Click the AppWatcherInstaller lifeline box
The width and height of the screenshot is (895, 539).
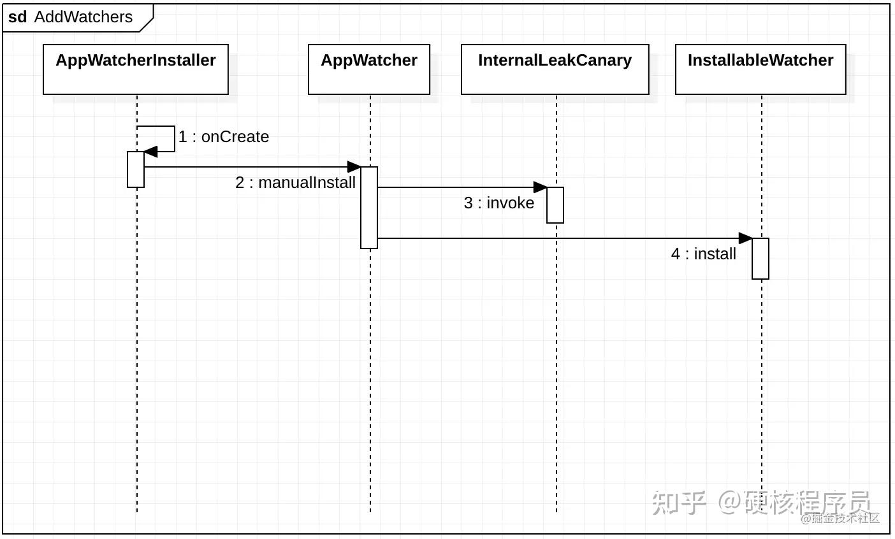[x=136, y=69]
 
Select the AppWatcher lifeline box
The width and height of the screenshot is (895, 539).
[x=369, y=69]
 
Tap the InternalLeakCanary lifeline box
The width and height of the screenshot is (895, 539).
[x=555, y=69]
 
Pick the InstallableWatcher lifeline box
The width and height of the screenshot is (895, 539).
[x=760, y=69]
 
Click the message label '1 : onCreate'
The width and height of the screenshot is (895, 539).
[x=224, y=137]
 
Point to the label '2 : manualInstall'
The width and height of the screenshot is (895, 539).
[x=295, y=183]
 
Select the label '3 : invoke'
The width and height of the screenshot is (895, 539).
[x=499, y=203]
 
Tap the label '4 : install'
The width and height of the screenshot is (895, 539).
[x=703, y=254]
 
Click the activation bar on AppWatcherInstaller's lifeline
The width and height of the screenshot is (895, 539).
[x=136, y=169]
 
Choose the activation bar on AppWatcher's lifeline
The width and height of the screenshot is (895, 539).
[x=369, y=208]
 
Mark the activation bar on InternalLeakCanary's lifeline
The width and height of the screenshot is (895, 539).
[x=555, y=205]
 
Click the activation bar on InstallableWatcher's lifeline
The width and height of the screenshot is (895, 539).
[x=760, y=259]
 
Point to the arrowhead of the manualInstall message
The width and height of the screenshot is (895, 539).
[x=354, y=167]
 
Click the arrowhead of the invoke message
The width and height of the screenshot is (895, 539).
[x=541, y=187]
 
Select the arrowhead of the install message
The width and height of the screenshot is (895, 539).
[x=746, y=238]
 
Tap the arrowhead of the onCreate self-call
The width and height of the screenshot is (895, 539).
[x=150, y=152]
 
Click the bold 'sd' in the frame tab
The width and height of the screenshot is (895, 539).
[x=18, y=17]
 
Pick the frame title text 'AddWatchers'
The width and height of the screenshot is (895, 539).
[x=84, y=17]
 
